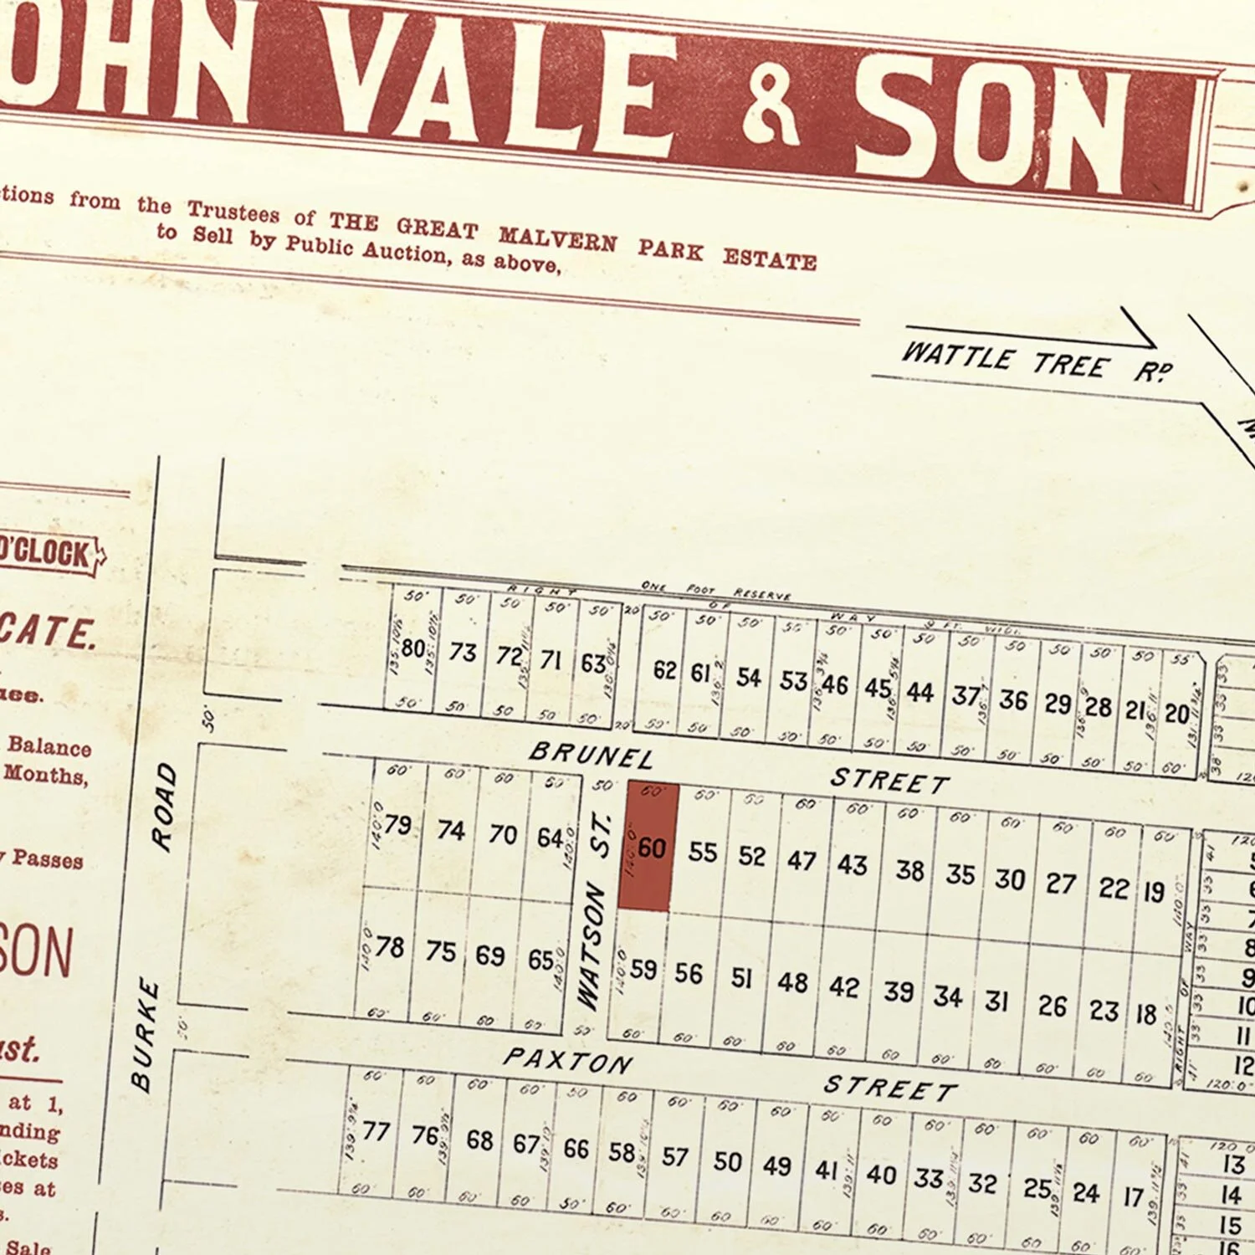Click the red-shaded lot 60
click(648, 847)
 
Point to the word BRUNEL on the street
click(591, 755)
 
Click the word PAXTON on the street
click(567, 1061)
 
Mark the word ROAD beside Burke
click(164, 806)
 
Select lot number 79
click(397, 825)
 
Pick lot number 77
click(376, 1131)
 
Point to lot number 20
click(1176, 714)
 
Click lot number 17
click(1133, 1197)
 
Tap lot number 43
click(853, 864)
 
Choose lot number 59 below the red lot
click(643, 969)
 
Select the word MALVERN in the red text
click(558, 240)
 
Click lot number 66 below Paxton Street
click(576, 1149)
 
